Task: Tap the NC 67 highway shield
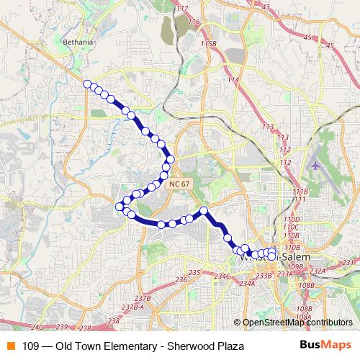180,184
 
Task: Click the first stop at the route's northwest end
88,84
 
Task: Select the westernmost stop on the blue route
120,207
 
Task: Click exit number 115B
209,44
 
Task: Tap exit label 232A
318,271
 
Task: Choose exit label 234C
222,276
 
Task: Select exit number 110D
291,219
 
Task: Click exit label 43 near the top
265,6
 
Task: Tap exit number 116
193,22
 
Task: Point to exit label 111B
300,191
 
